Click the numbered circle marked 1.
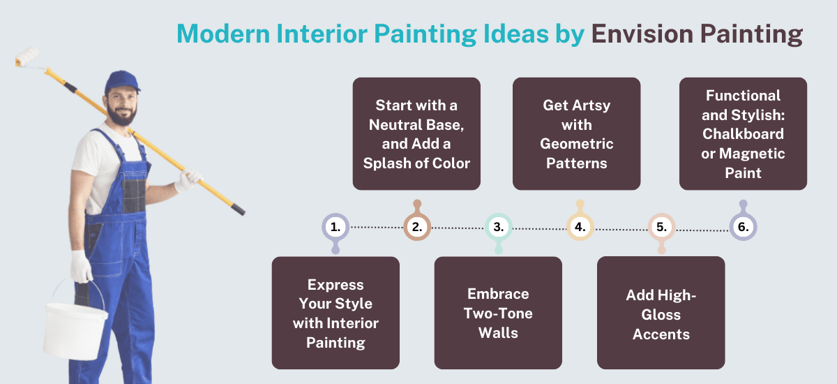(x=335, y=227)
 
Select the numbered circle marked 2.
(x=417, y=227)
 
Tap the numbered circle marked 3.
(x=498, y=227)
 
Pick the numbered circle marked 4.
(x=580, y=227)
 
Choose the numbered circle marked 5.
(x=661, y=227)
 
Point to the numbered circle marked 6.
(x=743, y=227)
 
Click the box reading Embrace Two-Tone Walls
(x=498, y=313)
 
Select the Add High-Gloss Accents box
(x=661, y=313)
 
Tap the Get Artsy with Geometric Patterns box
(x=577, y=134)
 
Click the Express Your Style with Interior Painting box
(x=335, y=313)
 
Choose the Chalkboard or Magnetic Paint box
(x=743, y=134)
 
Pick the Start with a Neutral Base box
(x=416, y=134)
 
